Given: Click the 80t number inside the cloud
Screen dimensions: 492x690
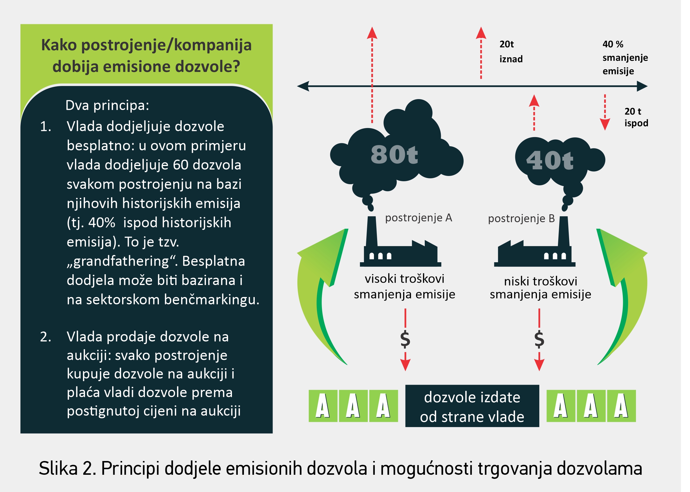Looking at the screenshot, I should (x=394, y=155).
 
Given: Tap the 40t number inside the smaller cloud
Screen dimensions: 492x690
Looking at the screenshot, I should (x=549, y=160).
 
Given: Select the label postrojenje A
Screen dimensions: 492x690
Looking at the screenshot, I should (x=418, y=217).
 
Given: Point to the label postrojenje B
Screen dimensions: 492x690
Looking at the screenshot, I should (x=521, y=218).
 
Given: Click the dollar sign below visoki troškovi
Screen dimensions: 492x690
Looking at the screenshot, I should (x=405, y=339).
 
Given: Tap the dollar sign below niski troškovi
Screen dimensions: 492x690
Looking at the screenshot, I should (x=539, y=339).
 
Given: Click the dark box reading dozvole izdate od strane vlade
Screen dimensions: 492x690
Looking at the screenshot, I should (x=472, y=406).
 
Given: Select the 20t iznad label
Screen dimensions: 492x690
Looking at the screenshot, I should (x=510, y=51).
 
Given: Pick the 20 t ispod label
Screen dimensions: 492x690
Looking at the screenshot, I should (x=636, y=117).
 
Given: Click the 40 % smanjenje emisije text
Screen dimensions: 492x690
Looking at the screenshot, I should (x=625, y=58).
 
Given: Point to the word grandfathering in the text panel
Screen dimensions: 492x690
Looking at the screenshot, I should (x=121, y=261).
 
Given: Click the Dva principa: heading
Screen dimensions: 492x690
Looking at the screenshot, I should (x=107, y=106).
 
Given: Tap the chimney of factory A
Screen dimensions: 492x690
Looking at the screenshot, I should (x=372, y=232).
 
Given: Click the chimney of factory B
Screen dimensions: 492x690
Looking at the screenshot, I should (x=564, y=232).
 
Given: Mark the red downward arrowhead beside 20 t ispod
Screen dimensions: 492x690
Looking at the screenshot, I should (x=605, y=125).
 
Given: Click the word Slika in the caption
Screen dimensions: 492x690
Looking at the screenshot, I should (x=58, y=468).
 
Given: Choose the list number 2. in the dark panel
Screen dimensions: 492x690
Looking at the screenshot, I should (x=45, y=337).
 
